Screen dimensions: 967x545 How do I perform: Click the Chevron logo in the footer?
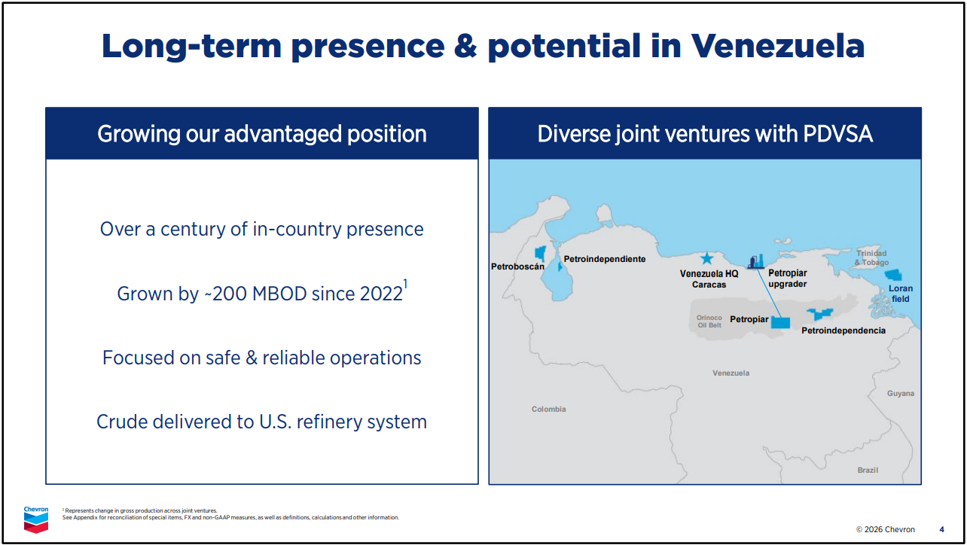[36, 519]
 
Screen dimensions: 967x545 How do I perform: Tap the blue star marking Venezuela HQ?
[706, 258]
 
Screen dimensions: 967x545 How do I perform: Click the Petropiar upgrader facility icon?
[756, 262]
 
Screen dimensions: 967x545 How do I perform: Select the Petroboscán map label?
[517, 266]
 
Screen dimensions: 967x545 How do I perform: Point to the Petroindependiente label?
[604, 259]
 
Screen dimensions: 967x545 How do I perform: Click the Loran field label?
[901, 294]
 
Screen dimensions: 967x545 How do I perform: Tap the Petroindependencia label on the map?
[843, 330]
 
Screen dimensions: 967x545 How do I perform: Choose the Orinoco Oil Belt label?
[709, 321]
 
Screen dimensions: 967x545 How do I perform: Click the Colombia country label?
[548, 409]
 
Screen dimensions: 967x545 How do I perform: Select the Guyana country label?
[901, 394]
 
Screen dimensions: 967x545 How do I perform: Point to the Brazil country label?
[868, 470]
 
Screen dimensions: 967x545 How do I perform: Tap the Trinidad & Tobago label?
[871, 257]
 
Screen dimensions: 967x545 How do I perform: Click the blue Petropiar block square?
[780, 323]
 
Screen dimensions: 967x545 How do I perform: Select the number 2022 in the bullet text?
[381, 294]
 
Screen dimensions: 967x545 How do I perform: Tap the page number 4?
[941, 529]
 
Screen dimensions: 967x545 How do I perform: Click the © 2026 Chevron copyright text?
[886, 529]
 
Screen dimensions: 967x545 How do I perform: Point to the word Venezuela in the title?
[778, 46]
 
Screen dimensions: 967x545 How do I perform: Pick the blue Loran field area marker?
[893, 275]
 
